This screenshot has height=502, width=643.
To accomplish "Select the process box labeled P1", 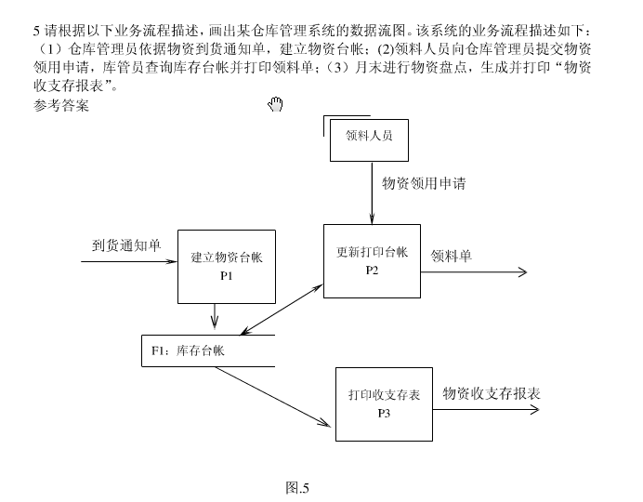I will point(227,266).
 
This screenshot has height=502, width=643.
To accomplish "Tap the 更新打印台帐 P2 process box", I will point(372,260).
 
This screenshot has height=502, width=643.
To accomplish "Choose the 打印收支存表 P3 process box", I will point(384,403).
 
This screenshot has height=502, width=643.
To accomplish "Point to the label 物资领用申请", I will point(424,183).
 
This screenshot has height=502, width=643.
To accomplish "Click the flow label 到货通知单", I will point(126,245).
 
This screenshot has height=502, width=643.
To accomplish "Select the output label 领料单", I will point(451,255).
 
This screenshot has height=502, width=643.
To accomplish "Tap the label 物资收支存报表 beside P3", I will point(492,393).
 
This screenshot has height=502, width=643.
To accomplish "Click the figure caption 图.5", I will point(298,486).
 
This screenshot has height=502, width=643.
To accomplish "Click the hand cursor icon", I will point(275,104).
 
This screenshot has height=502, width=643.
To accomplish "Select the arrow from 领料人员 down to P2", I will point(372,193).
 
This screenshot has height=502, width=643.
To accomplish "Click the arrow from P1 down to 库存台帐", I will point(216,317).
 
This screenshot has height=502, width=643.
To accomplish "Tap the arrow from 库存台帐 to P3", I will point(274,397).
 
